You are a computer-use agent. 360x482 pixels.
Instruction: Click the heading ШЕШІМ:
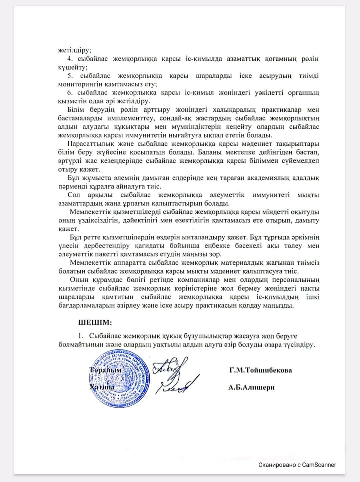[95, 323]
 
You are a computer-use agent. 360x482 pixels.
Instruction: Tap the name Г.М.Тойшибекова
[260, 370]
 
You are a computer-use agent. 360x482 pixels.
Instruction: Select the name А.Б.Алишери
[251, 387]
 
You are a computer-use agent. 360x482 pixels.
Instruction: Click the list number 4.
[70, 59]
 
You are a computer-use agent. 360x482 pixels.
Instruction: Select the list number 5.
[70, 76]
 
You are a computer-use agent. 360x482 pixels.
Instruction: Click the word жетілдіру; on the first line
[74, 50]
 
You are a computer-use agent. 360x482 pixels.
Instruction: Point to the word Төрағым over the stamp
[105, 370]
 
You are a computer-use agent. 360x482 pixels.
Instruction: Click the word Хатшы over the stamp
[102, 387]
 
